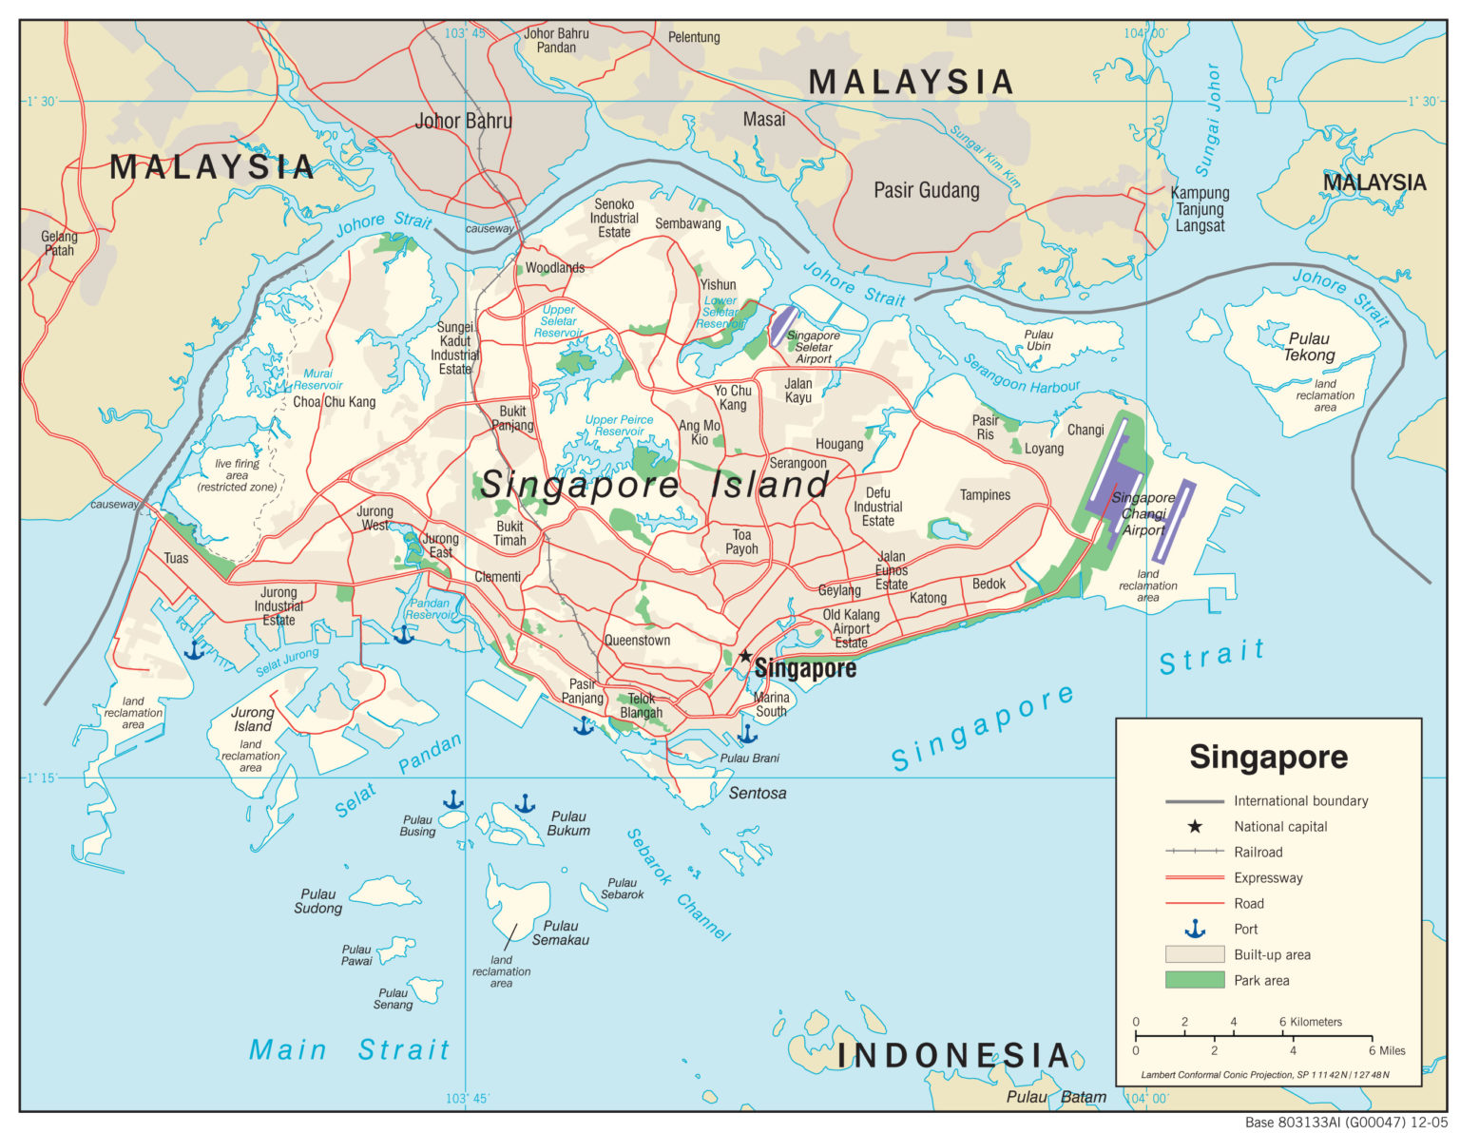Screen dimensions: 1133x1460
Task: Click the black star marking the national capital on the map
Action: coord(746,656)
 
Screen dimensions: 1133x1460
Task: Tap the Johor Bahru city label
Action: coord(463,121)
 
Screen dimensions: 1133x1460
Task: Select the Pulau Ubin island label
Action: coord(1038,340)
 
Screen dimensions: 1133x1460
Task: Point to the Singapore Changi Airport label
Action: coord(1143,513)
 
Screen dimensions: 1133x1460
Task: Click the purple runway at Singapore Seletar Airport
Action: coord(781,325)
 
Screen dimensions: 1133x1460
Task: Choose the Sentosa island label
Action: coord(758,793)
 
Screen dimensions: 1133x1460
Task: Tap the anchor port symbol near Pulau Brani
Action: coord(748,734)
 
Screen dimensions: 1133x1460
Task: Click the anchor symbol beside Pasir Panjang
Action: coord(583,726)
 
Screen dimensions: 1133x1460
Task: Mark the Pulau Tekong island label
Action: coord(1309,347)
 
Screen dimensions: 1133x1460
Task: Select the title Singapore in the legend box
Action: coord(1268,757)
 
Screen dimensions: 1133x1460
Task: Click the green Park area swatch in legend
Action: coord(1195,980)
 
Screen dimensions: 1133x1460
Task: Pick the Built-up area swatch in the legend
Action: coord(1195,954)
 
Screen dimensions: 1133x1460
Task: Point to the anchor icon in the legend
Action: coord(1195,929)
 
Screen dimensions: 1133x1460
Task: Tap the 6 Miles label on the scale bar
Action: coord(1386,1050)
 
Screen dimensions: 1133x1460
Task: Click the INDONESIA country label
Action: coord(953,1055)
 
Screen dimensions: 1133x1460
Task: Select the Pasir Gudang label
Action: coord(926,190)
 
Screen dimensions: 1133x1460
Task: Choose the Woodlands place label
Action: coord(555,268)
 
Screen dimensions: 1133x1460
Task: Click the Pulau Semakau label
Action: coord(561,932)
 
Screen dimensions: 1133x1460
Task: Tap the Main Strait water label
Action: coord(349,1049)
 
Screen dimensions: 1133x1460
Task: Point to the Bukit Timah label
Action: coord(509,533)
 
